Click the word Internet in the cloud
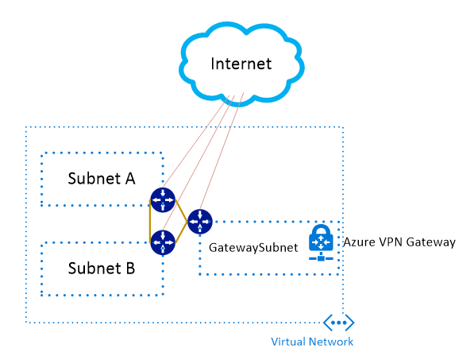(x=241, y=64)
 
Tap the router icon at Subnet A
(x=163, y=200)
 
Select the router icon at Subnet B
(x=163, y=242)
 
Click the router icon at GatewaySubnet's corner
(x=200, y=222)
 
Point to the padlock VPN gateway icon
(x=321, y=242)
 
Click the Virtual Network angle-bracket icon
(x=338, y=323)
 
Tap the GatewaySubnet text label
(x=253, y=248)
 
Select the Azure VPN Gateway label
(x=399, y=242)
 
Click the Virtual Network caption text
(x=312, y=342)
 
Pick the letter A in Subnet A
(x=130, y=179)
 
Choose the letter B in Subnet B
(x=130, y=269)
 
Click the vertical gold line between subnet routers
(x=150, y=221)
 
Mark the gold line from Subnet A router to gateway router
(x=181, y=211)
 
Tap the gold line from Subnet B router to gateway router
(x=181, y=232)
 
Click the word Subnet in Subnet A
(x=94, y=179)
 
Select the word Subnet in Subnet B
(x=94, y=269)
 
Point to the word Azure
(x=357, y=242)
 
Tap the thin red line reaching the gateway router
(x=222, y=151)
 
